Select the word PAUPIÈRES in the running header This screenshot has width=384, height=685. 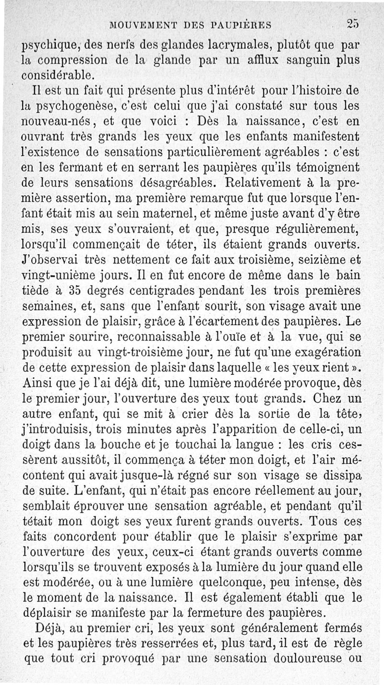(243, 23)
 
